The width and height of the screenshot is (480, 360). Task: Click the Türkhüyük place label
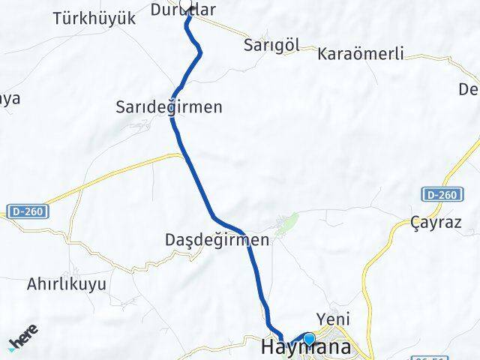click(94, 19)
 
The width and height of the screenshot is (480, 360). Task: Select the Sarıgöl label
click(271, 45)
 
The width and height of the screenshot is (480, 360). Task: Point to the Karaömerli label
click(361, 54)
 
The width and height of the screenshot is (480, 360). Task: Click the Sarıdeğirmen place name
click(169, 107)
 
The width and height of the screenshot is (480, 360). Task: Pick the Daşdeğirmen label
click(217, 241)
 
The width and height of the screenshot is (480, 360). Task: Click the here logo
click(24, 337)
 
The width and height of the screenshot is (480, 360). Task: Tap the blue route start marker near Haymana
click(309, 339)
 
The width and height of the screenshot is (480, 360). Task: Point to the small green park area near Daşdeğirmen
click(288, 221)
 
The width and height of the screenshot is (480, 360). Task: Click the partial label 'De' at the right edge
click(469, 90)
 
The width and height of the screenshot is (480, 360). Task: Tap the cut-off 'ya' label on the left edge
click(10, 98)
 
